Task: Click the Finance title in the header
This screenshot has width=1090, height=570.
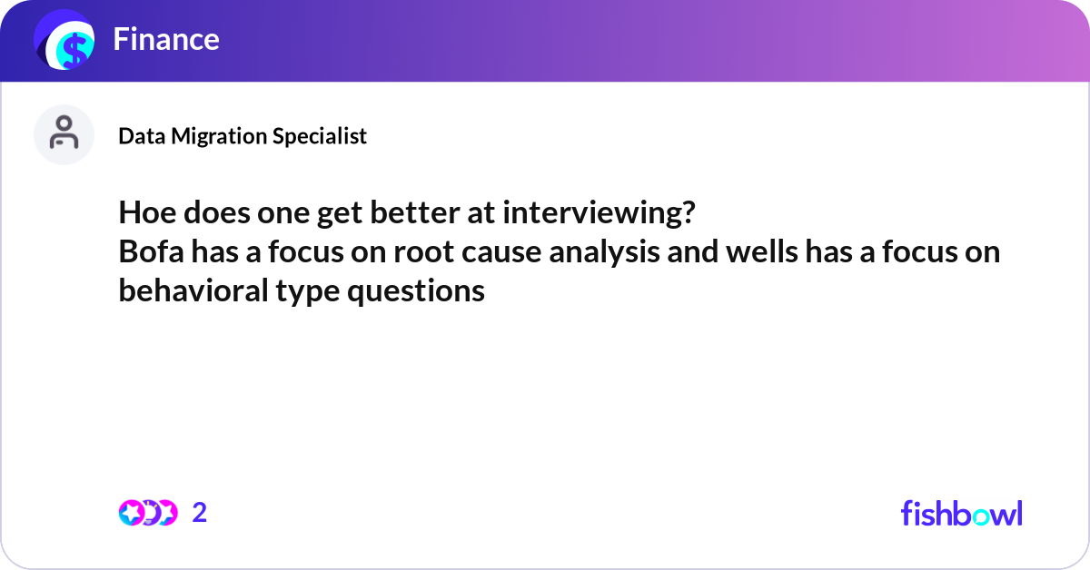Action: [x=166, y=39]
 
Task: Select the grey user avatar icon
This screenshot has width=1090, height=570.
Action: [x=64, y=134]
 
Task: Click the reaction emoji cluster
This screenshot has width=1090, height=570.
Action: [x=148, y=513]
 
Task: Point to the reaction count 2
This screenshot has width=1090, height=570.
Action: [x=200, y=513]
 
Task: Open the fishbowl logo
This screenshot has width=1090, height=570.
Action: [x=961, y=513]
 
